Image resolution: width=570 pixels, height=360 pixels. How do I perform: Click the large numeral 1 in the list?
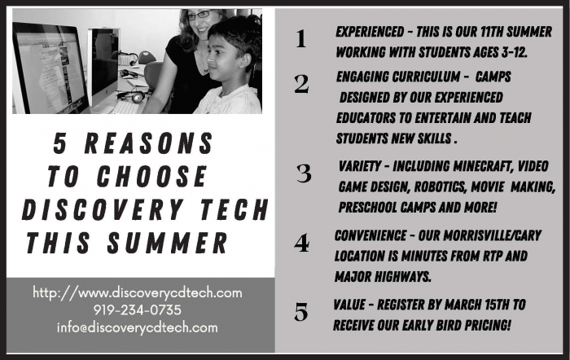pos(300,38)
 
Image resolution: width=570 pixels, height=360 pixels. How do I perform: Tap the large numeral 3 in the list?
pos(304,173)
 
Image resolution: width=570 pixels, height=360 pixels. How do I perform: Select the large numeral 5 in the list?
pos(301,312)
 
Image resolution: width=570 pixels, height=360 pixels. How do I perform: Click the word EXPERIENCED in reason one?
pos(370,32)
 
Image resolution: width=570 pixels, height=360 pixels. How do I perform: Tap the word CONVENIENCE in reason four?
pos(370,235)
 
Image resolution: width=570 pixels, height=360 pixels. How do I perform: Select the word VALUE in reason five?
pos(349,305)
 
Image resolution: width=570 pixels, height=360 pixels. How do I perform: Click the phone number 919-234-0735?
pos(138,310)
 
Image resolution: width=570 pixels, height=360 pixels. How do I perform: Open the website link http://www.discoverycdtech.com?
pos(138,292)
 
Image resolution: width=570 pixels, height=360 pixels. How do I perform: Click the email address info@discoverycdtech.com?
pos(138,327)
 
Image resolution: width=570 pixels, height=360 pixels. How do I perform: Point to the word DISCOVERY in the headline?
pos(102,210)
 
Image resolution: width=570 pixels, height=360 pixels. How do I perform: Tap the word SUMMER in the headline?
pos(167,243)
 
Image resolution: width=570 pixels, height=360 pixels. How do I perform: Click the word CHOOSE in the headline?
pos(152,177)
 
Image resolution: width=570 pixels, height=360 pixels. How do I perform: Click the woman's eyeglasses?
pos(200,15)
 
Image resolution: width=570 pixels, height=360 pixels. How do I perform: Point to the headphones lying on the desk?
pos(132,96)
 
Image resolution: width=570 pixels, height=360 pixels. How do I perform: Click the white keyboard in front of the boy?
pos(125,108)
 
